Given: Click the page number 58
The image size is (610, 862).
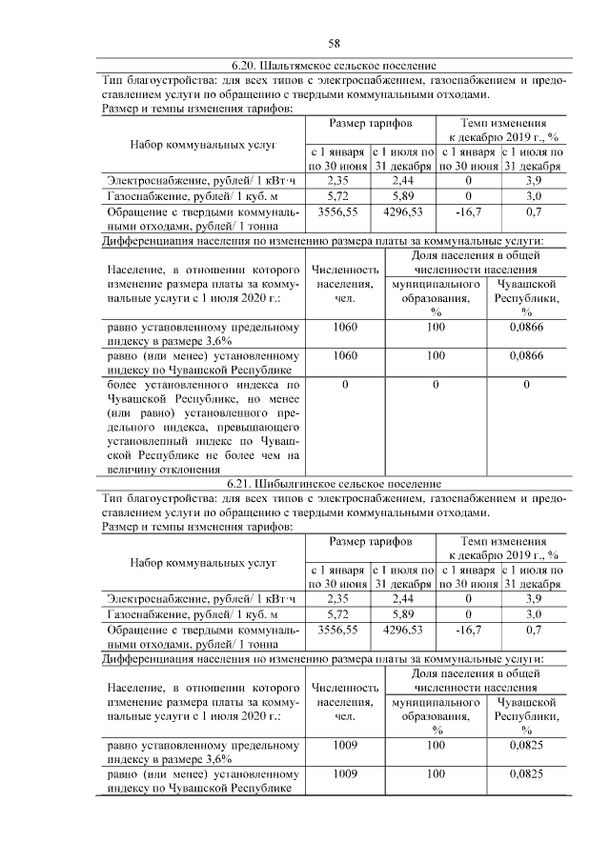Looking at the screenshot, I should pyautogui.click(x=335, y=43).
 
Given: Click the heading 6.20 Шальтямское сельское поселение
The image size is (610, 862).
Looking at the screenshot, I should pyautogui.click(x=335, y=66).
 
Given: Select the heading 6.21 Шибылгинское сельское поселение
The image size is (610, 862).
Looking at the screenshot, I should pyautogui.click(x=335, y=483).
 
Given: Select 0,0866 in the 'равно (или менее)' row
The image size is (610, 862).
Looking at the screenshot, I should pyautogui.click(x=525, y=355).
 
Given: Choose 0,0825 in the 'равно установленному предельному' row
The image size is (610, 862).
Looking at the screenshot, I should pyautogui.click(x=525, y=746).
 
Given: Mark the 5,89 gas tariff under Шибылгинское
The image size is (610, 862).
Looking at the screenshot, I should pyautogui.click(x=402, y=615).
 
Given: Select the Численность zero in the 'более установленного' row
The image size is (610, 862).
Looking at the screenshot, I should pyautogui.click(x=344, y=384).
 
